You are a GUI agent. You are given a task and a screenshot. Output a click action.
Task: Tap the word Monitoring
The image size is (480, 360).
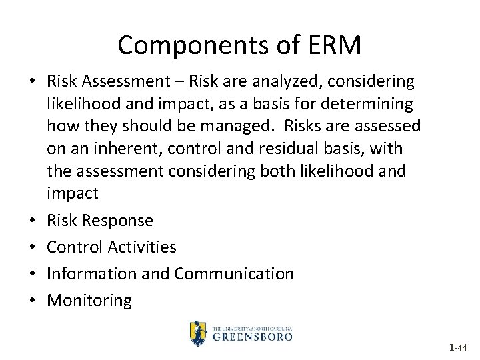click(x=89, y=301)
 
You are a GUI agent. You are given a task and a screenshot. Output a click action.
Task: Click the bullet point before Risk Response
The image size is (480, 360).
click(x=32, y=221)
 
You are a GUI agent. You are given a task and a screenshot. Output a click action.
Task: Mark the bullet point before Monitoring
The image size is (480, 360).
click(x=32, y=301)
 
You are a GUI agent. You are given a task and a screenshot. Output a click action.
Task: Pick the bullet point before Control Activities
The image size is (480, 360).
click(x=32, y=247)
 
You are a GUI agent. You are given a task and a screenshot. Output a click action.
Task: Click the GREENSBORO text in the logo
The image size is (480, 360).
click(x=253, y=337)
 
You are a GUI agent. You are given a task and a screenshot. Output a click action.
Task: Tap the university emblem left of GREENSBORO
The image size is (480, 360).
click(x=198, y=333)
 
